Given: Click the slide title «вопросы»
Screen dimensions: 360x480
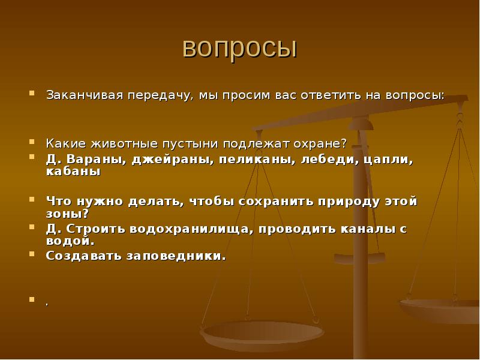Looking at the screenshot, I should (239, 48).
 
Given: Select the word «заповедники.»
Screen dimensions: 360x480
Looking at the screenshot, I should (176, 255).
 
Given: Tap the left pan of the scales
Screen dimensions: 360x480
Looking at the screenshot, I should (262, 332).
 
